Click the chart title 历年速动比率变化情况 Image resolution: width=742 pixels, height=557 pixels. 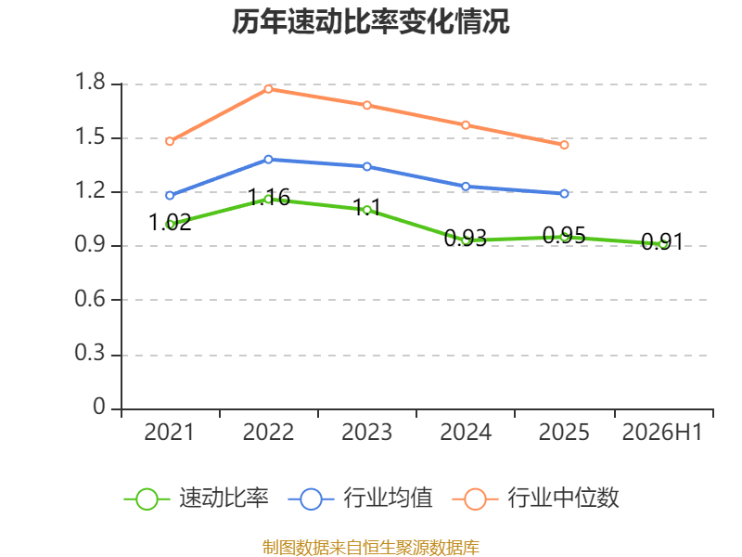tap(370, 21)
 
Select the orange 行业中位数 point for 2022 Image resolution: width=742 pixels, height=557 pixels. tap(268, 88)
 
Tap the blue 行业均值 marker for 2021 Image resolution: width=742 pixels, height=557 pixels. tap(170, 195)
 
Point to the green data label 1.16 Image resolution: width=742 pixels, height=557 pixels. tap(269, 197)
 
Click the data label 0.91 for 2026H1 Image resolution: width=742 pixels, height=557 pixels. tap(662, 242)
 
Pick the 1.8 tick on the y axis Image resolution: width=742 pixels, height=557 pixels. tap(90, 82)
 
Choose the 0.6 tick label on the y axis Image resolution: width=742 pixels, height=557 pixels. tap(90, 299)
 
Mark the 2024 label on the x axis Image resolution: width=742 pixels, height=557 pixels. tap(466, 432)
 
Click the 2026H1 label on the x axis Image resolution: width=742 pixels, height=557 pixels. tap(662, 432)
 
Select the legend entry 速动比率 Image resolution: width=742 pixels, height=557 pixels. tap(224, 498)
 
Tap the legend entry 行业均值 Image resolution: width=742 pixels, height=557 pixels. tap(388, 498)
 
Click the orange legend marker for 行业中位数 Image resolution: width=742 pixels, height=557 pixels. tap(475, 499)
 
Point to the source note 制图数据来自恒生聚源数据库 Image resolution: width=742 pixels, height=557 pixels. tap(371, 548)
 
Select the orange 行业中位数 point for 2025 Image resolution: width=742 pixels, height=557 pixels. tap(564, 145)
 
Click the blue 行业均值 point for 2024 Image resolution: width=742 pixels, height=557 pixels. tap(466, 187)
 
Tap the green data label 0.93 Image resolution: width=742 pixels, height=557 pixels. tap(466, 238)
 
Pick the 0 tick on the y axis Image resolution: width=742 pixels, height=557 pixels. tap(99, 407)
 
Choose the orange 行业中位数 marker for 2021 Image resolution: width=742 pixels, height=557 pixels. tap(170, 141)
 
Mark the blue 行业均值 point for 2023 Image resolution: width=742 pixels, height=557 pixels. tap(367, 167)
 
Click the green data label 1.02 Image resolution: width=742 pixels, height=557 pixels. tap(170, 222)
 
